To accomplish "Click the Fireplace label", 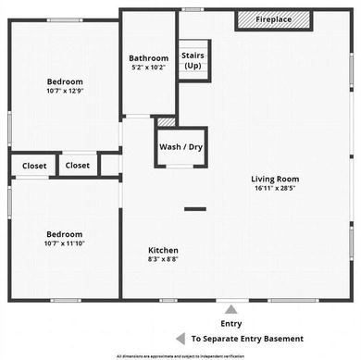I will click(274, 19).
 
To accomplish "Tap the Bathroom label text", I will click(148, 58).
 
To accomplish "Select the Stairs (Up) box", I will click(193, 60).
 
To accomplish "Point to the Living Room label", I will click(275, 179).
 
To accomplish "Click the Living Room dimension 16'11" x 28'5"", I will click(275, 189).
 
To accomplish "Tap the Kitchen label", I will click(164, 250).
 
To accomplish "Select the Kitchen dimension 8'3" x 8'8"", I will click(164, 260).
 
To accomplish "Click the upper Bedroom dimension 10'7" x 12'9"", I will click(65, 91).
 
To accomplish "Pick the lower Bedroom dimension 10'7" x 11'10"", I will click(65, 243).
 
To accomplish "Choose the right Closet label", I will click(78, 166).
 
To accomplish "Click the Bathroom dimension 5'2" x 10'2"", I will click(148, 68).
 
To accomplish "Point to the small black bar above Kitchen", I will click(194, 209).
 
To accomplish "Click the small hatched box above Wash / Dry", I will click(166, 121).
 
